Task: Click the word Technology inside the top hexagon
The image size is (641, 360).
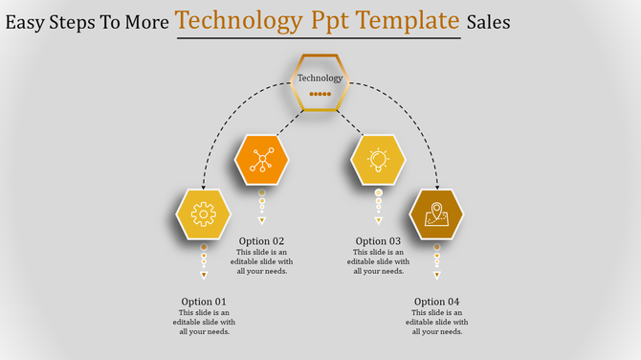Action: (320, 79)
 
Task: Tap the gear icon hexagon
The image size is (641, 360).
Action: (204, 214)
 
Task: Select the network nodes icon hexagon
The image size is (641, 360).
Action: (261, 160)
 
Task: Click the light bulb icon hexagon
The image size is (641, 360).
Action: (378, 160)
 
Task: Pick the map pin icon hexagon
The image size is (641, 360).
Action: (436, 214)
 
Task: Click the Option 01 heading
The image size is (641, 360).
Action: (204, 302)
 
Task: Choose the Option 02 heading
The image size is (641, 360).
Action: (261, 241)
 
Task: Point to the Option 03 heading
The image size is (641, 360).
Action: (378, 241)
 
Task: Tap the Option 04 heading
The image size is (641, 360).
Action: (437, 302)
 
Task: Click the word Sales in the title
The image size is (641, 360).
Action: (489, 21)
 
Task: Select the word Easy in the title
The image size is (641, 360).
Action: (27, 21)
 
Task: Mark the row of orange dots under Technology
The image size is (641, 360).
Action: (320, 94)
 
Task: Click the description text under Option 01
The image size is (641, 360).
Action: (204, 323)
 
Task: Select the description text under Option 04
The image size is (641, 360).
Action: (437, 323)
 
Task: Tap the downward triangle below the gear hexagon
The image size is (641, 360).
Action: (204, 276)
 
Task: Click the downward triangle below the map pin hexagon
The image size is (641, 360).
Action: (437, 276)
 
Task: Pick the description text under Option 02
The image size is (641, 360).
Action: (261, 261)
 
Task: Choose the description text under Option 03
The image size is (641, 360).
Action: (378, 261)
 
